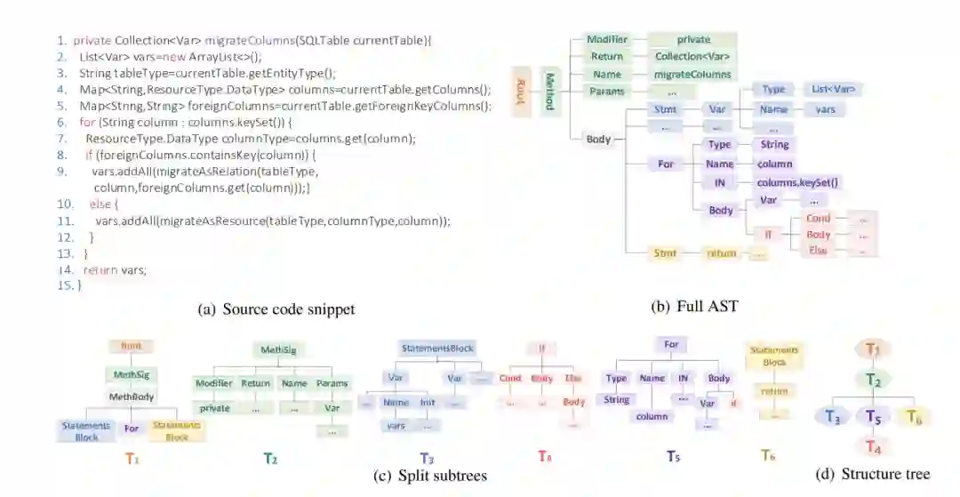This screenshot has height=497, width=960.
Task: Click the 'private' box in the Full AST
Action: click(x=692, y=40)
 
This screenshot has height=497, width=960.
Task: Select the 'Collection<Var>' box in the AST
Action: click(x=692, y=57)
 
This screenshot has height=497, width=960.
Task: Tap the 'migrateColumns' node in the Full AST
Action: click(x=692, y=75)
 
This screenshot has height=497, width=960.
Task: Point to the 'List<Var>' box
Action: click(x=835, y=90)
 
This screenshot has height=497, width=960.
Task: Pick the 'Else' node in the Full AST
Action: click(x=817, y=252)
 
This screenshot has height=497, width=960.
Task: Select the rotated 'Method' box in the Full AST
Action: click(x=549, y=91)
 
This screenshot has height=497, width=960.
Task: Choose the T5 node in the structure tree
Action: click(x=874, y=416)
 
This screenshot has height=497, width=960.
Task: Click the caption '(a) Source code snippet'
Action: click(x=276, y=309)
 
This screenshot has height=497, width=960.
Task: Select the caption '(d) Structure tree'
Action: click(x=872, y=475)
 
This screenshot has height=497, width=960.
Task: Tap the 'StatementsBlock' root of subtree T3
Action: click(x=429, y=349)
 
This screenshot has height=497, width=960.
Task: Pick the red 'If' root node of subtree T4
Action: click(x=541, y=349)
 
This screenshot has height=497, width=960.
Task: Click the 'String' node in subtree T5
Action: click(x=617, y=400)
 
